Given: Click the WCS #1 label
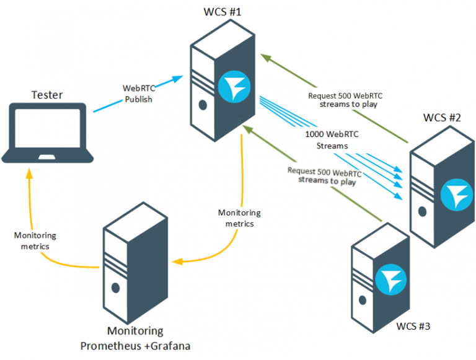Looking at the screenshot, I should click(221, 12).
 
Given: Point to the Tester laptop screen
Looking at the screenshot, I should click(48, 131).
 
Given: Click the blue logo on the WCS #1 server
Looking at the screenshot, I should click(237, 89).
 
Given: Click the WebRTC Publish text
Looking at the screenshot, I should click(138, 94).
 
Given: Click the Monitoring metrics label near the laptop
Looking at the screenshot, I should click(35, 240).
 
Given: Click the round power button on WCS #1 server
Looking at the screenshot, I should click(202, 105).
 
